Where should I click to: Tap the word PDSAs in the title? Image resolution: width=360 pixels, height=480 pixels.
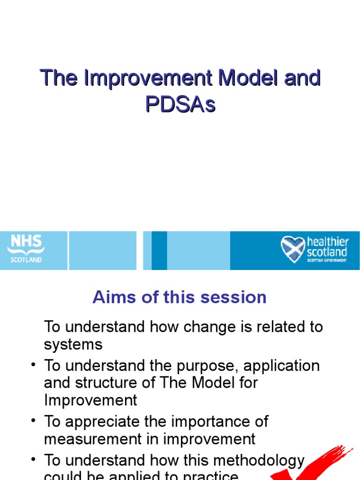[180, 105]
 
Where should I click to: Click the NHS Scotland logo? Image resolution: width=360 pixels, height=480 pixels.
[26, 248]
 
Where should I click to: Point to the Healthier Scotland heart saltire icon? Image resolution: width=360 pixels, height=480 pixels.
[292, 249]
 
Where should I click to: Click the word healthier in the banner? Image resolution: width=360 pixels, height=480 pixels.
[328, 242]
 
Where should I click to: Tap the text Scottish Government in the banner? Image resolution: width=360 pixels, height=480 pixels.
[327, 260]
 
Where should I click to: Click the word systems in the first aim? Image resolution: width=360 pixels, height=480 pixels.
[73, 345]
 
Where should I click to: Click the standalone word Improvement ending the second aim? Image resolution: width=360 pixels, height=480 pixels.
[90, 400]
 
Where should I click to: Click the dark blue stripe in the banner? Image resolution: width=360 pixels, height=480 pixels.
[159, 250]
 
